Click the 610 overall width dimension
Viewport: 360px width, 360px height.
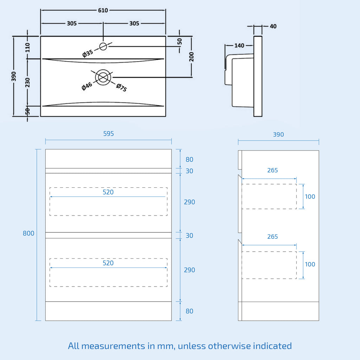click(x=103, y=10)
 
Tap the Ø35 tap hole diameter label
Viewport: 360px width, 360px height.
click(x=88, y=53)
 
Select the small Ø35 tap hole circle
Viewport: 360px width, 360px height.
click(x=103, y=46)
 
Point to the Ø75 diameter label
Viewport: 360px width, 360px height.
click(x=121, y=88)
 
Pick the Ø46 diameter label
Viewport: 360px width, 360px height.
click(x=87, y=86)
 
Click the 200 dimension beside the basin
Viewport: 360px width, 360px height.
click(x=192, y=57)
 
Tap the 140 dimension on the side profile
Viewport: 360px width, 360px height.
click(x=239, y=45)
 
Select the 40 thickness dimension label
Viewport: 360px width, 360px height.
click(x=273, y=26)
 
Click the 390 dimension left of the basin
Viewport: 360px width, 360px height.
click(x=14, y=76)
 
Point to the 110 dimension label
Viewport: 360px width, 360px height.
click(x=28, y=47)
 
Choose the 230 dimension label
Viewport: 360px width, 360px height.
click(x=28, y=82)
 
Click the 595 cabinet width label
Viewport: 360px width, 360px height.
click(x=108, y=134)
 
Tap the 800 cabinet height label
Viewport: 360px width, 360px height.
click(x=28, y=233)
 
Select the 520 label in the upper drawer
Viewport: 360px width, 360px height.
click(x=108, y=192)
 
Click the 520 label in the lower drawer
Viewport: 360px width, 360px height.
click(x=108, y=263)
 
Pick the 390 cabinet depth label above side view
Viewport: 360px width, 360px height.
click(x=278, y=135)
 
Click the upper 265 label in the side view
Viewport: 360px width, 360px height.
click(x=272, y=171)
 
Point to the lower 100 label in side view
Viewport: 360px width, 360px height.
click(x=310, y=264)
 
